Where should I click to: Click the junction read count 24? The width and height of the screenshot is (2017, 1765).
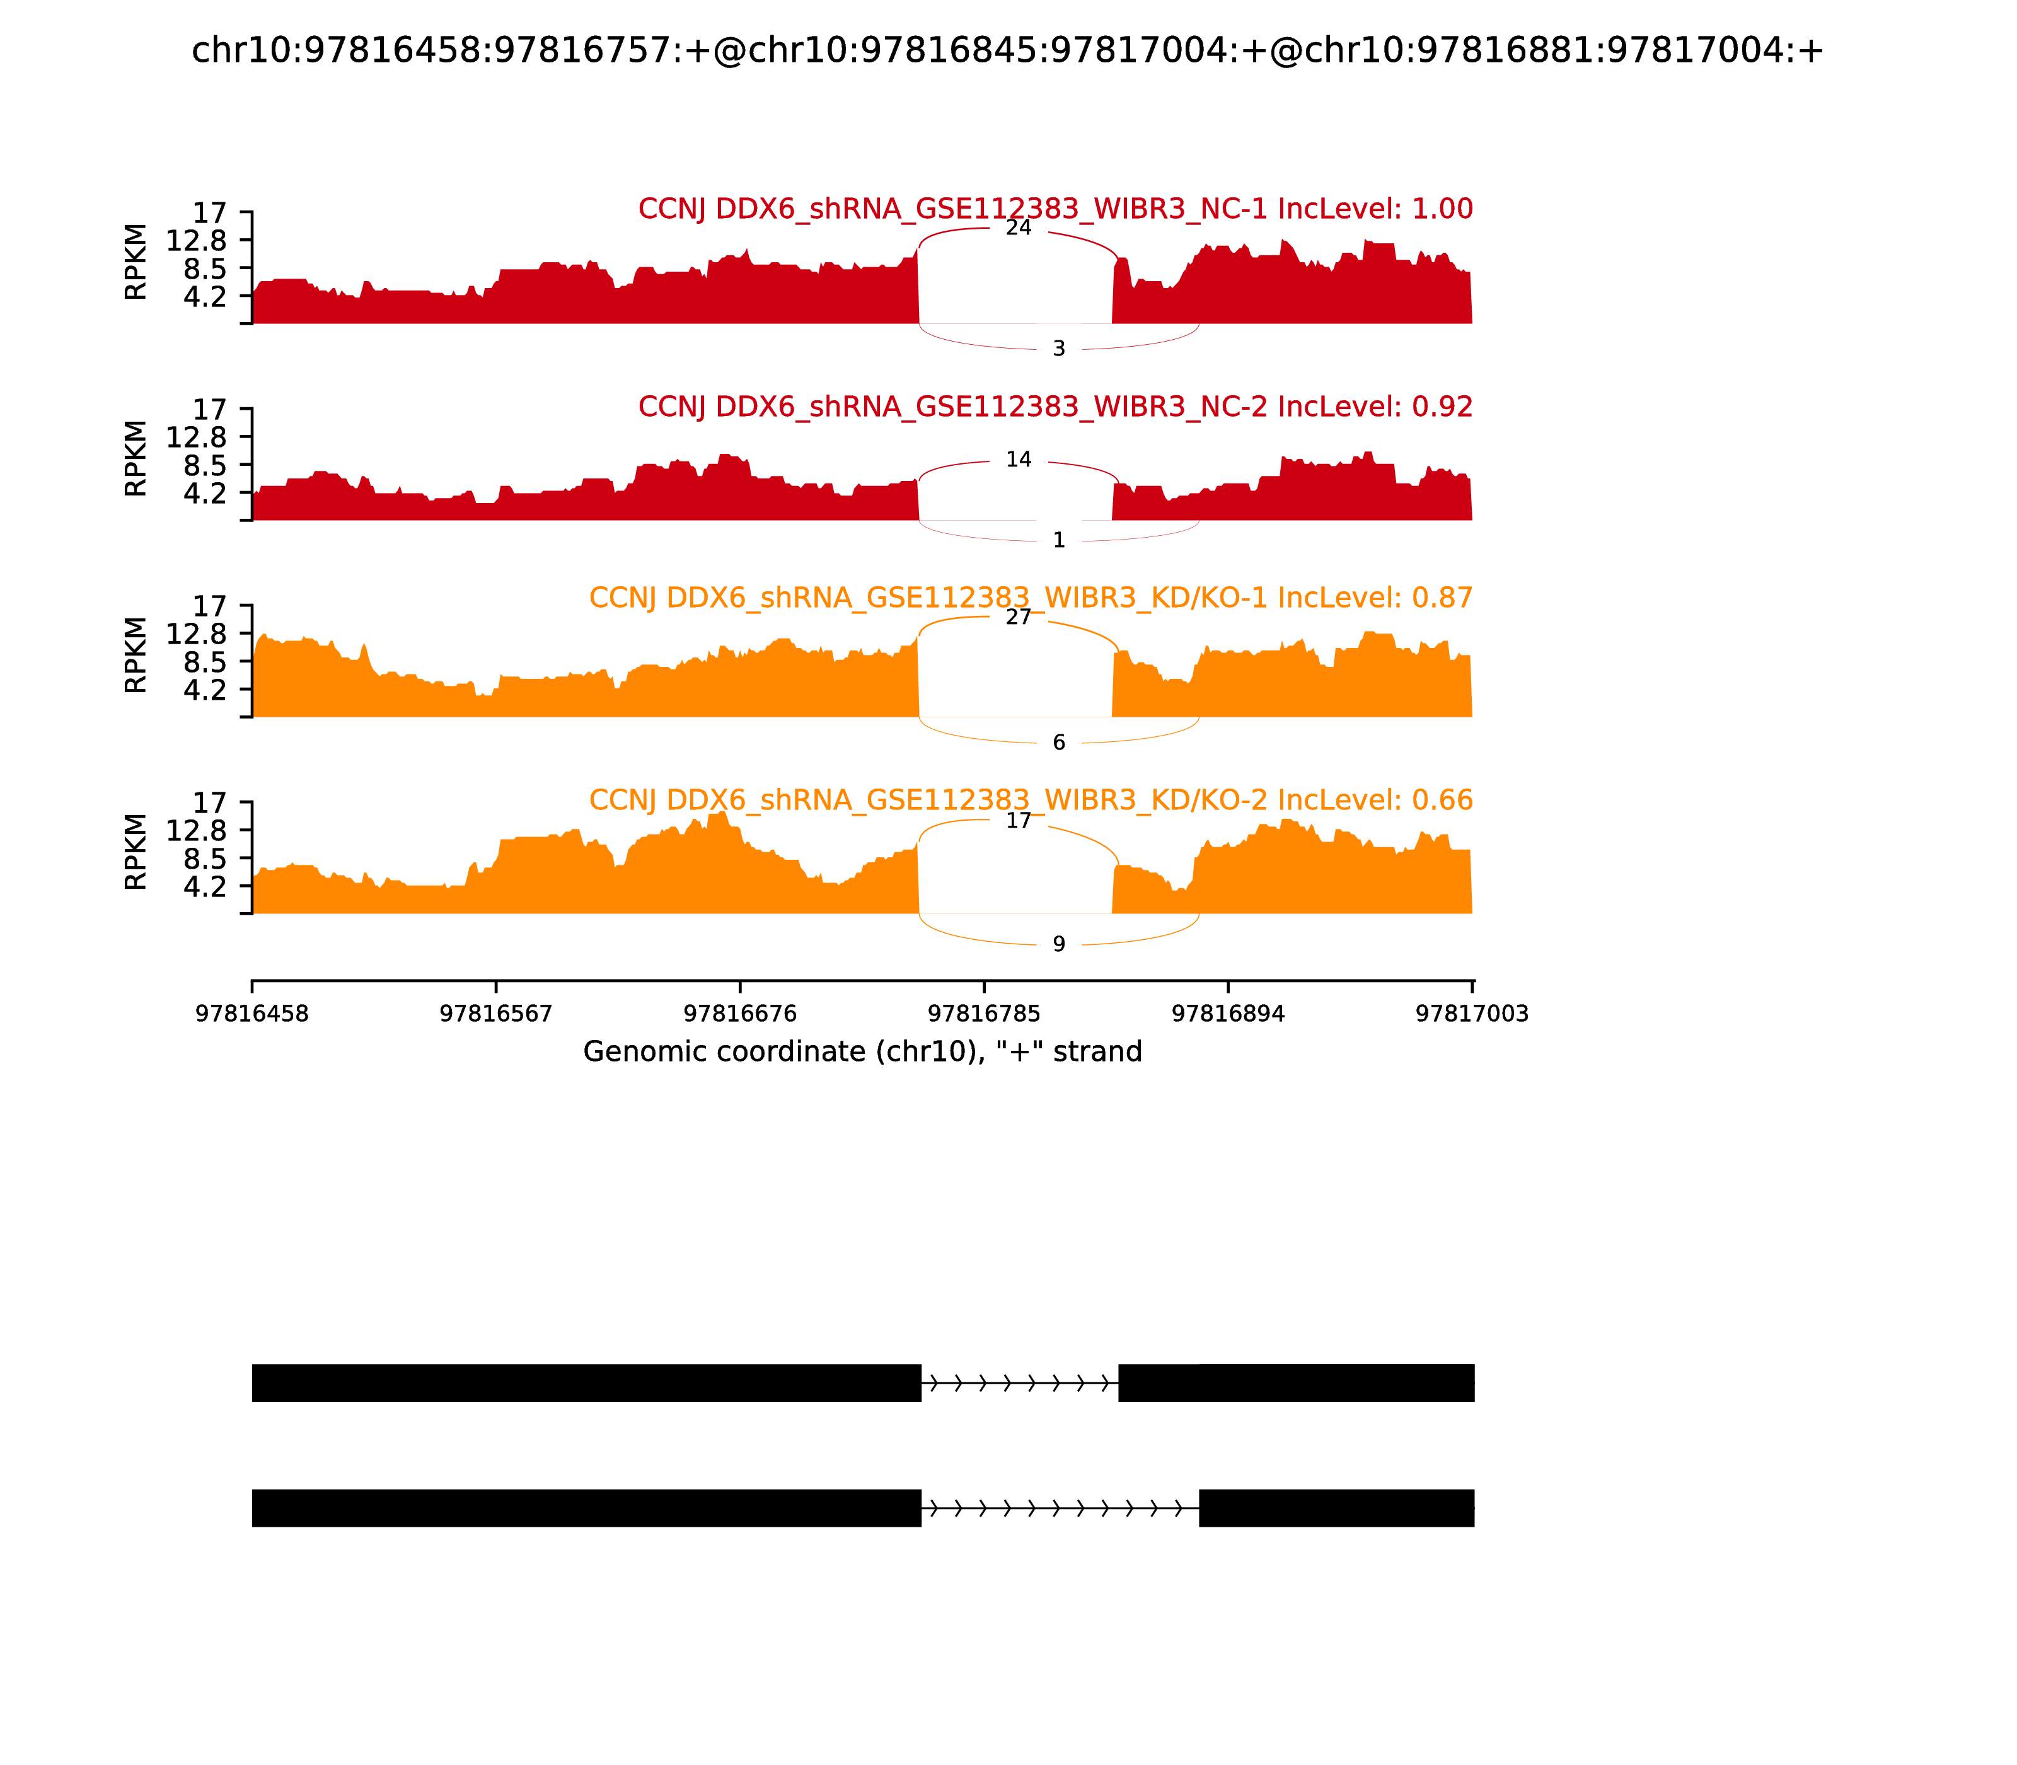(1019, 228)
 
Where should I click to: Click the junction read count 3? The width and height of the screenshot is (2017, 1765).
(1059, 349)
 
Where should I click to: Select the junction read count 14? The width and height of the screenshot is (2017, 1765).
(1019, 460)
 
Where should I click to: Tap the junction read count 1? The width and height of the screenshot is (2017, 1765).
(1059, 541)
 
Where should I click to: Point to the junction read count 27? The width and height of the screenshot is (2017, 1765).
(1019, 618)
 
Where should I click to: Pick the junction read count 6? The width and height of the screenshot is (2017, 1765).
(1059, 743)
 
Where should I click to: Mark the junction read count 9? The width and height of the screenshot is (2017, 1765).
(1059, 944)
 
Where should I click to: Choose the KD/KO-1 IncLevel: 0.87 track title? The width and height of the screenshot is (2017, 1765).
(1030, 598)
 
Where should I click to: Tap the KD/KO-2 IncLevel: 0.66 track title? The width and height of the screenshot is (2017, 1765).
(1030, 800)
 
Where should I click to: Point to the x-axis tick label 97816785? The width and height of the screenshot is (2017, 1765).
(984, 1014)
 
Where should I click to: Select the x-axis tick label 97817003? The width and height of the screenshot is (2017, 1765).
(1471, 1014)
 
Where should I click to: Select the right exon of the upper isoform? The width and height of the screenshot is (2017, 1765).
(1295, 1383)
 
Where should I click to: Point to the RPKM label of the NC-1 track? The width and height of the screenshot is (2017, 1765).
(136, 262)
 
